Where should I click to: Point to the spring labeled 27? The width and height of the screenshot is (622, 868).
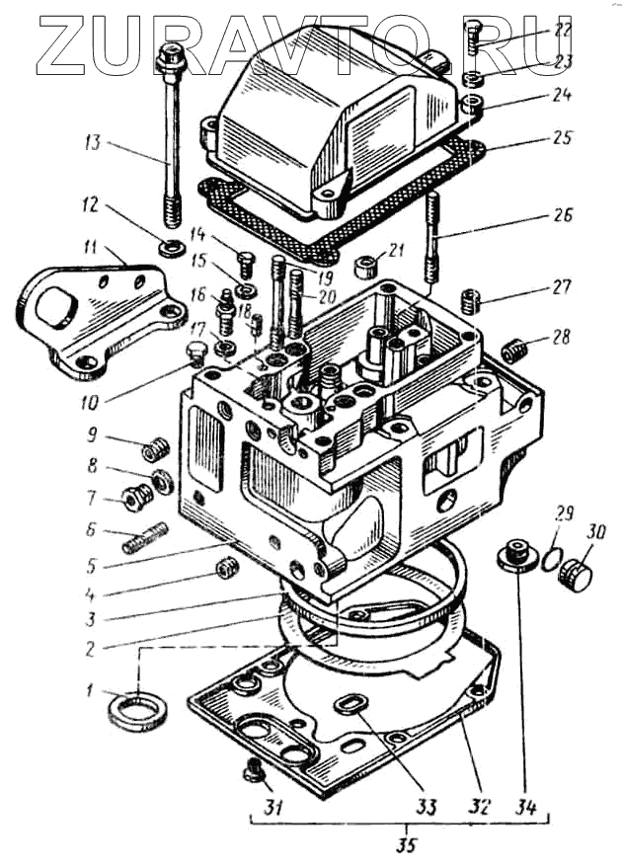473,297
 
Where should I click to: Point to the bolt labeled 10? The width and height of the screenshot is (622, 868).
195,355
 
